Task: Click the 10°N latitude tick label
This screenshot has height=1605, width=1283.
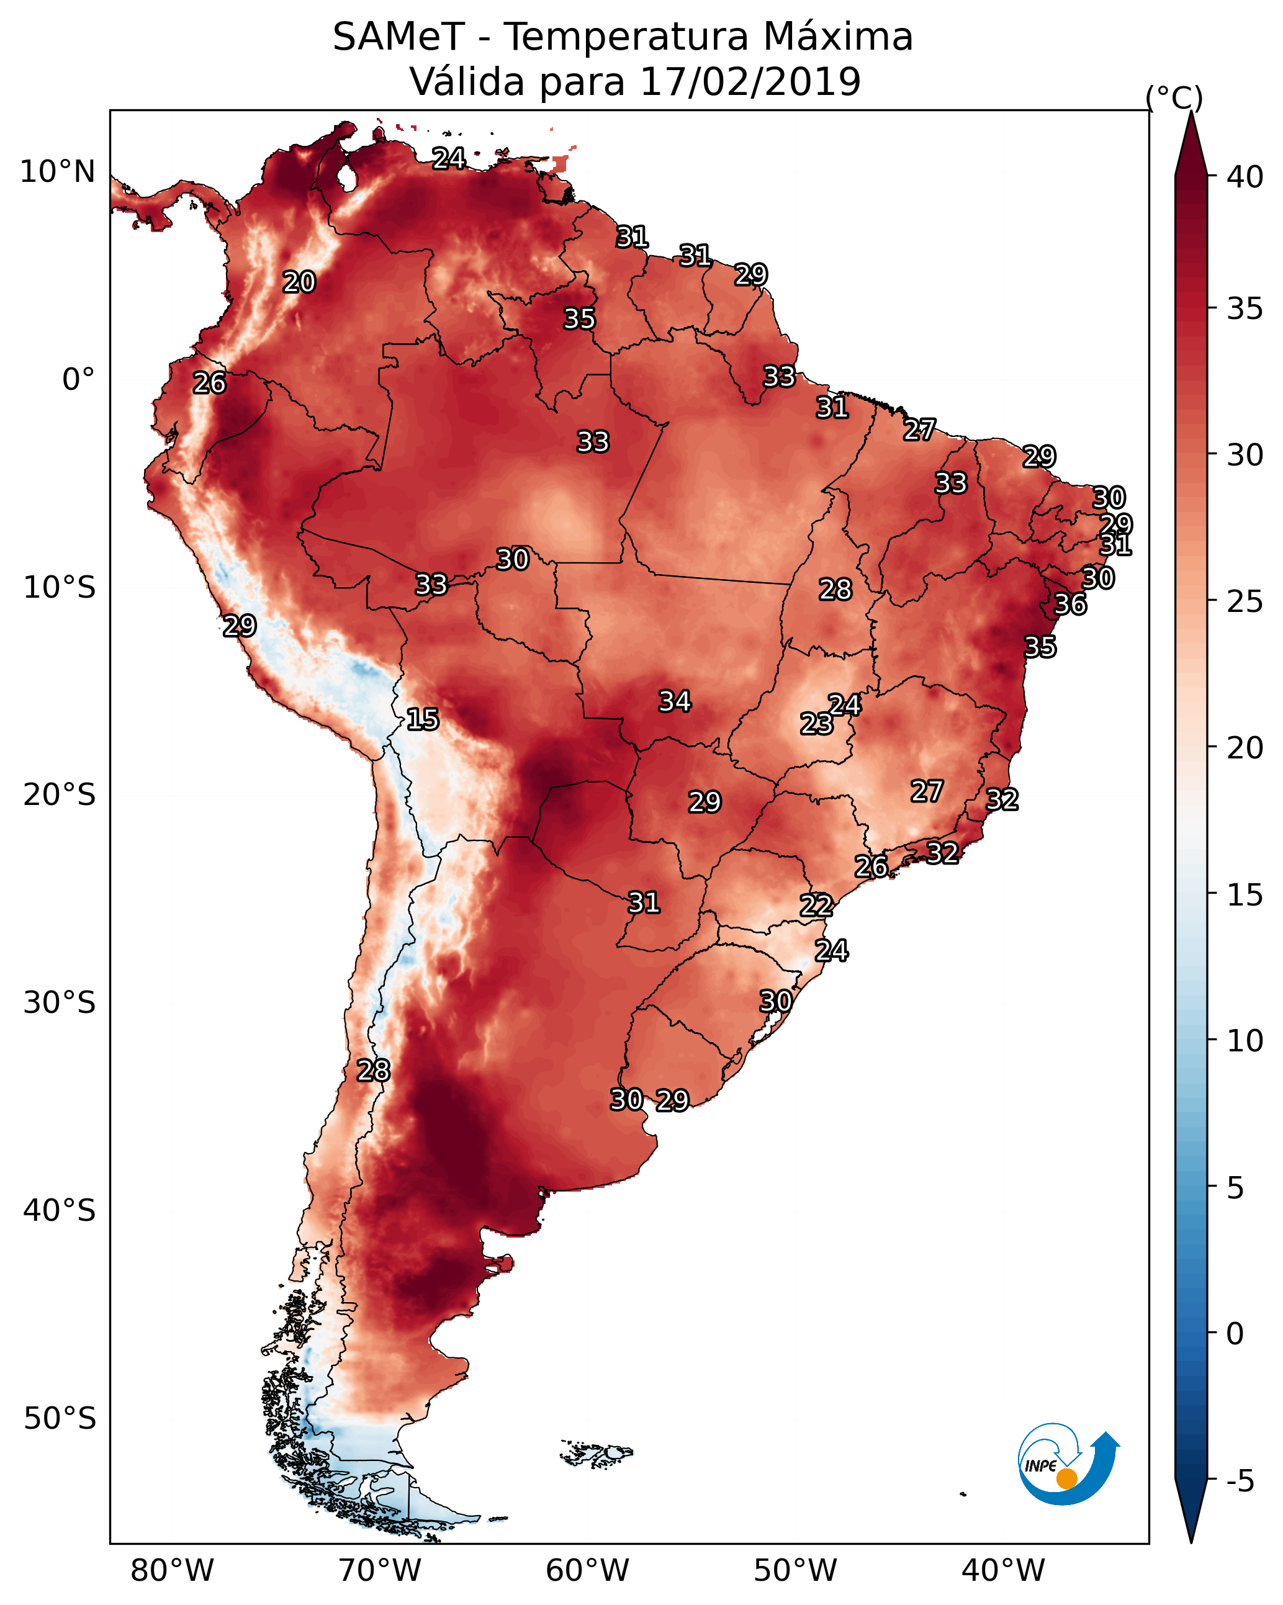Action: click(x=57, y=172)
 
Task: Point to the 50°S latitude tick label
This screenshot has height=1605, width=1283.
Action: click(x=60, y=1419)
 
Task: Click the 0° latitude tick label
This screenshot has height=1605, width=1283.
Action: click(x=78, y=380)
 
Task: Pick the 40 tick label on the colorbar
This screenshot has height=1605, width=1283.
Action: click(x=1245, y=177)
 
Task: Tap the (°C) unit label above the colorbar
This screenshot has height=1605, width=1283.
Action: click(x=1174, y=97)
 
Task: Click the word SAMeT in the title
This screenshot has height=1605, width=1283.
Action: click(x=398, y=37)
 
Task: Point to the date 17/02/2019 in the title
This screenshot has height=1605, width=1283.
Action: click(x=750, y=82)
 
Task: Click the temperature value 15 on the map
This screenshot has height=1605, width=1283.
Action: click(x=422, y=720)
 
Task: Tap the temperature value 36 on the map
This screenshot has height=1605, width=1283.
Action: click(x=1070, y=605)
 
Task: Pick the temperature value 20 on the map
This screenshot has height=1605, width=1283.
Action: click(x=299, y=282)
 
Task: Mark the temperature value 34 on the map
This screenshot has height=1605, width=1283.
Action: click(x=675, y=701)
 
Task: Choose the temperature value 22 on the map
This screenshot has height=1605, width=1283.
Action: click(x=816, y=906)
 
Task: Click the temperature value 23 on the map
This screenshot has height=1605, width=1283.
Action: click(x=816, y=724)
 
